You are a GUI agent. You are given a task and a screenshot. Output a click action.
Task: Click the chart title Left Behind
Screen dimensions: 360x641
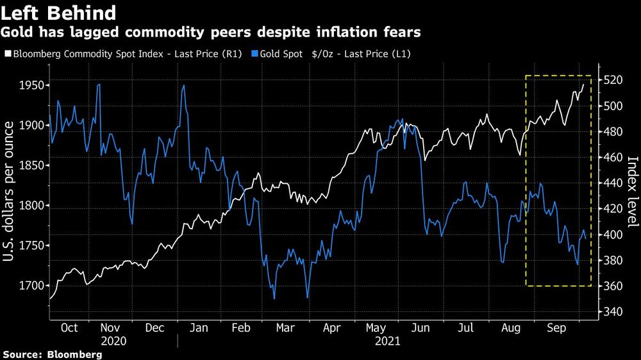pyautogui.click(x=59, y=13)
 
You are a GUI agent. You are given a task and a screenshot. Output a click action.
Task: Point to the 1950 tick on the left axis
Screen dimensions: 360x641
pyautogui.click(x=31, y=85)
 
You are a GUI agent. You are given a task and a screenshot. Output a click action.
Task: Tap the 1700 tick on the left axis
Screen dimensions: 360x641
pyautogui.click(x=31, y=285)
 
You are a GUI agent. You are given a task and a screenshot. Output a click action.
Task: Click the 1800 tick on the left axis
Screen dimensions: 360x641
pyautogui.click(x=31, y=206)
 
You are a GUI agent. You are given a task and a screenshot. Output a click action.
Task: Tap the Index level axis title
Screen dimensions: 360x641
pyautogui.click(x=631, y=192)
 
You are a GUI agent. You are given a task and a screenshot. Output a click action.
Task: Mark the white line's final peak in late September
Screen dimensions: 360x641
pyautogui.click(x=583, y=85)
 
